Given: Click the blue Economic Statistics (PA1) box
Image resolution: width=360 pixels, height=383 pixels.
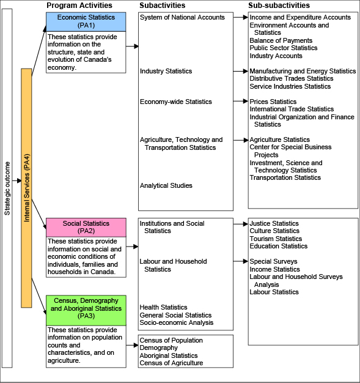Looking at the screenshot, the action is [x=86, y=22].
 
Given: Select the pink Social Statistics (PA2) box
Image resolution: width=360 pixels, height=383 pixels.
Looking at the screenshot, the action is [x=86, y=228].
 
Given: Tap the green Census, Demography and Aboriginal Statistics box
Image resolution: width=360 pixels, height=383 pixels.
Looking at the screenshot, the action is [x=86, y=310].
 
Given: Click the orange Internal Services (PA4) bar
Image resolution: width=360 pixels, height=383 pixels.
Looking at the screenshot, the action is [x=26, y=188].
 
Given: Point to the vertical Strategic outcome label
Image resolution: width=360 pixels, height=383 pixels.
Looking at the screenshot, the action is [x=7, y=188].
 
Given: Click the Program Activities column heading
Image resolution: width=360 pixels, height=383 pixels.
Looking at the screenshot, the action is [x=79, y=6].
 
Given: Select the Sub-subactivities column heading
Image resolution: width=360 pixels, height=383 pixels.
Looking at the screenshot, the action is [x=279, y=6].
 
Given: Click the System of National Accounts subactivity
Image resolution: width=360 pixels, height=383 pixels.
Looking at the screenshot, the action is [x=182, y=17].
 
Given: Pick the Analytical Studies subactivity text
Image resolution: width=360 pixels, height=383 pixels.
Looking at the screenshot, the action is [x=166, y=185].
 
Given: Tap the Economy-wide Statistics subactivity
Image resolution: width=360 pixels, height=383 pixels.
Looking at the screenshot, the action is [x=176, y=102].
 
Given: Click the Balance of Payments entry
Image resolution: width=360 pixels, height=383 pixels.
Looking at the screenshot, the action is [x=281, y=40].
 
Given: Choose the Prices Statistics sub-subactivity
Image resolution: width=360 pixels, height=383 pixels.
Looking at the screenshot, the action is [x=273, y=102].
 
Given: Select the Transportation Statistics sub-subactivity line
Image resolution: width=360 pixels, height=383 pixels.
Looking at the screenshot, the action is [x=285, y=177].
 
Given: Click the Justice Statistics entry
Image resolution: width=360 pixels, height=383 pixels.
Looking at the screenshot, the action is [x=274, y=223].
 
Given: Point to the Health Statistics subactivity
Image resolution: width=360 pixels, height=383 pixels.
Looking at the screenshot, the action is [x=163, y=307].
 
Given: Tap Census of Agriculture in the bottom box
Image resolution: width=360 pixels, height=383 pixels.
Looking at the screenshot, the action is [x=171, y=363].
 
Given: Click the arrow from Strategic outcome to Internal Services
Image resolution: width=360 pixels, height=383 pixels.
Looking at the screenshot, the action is [x=17, y=180].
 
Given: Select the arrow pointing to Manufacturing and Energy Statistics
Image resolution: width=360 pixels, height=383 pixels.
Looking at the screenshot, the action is [x=241, y=71].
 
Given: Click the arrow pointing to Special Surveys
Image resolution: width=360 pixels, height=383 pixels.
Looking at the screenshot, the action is [x=241, y=261].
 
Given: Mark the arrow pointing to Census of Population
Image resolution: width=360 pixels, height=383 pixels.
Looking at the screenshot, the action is [x=132, y=345].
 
